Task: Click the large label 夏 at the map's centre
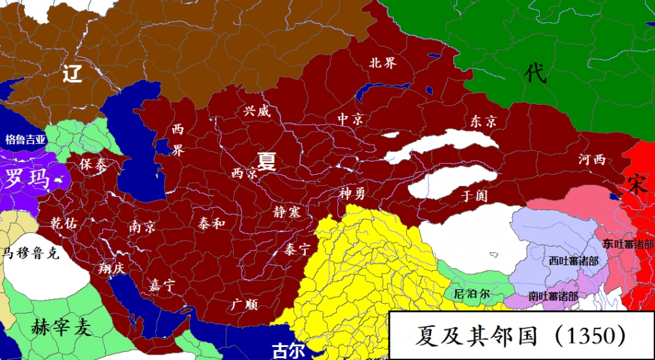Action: pos(266,160)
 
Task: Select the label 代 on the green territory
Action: pos(535,73)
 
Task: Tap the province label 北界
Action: pos(383,63)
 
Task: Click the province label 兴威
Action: pos(256,111)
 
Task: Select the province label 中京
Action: pos(350,119)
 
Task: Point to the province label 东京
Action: pos(483,122)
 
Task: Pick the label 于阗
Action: pos(475,195)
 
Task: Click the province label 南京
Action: pos(142,226)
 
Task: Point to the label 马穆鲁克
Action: pos(31,253)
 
